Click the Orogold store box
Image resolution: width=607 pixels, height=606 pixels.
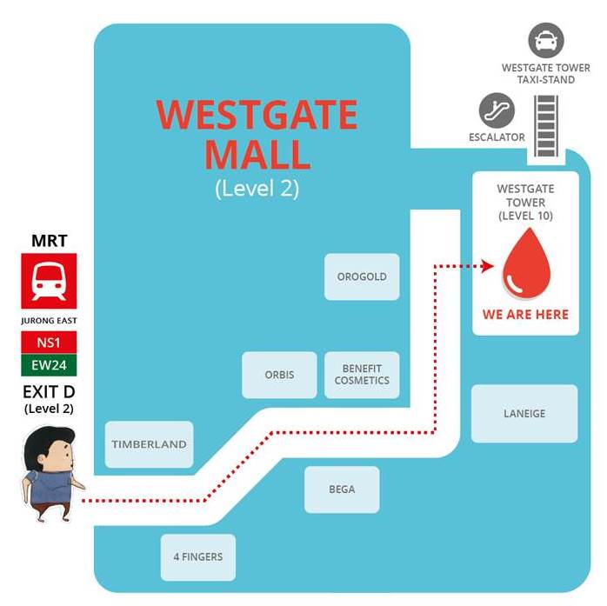(362, 276)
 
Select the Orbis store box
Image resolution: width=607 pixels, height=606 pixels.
(279, 375)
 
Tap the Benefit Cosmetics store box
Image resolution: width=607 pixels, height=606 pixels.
(362, 375)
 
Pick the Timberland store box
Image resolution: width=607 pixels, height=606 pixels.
(149, 444)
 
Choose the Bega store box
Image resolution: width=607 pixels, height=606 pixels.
(342, 489)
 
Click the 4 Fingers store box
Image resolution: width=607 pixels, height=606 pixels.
(197, 557)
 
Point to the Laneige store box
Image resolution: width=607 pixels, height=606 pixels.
(524, 413)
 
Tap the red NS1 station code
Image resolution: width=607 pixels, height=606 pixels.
(50, 340)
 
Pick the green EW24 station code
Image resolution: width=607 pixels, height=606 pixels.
(50, 364)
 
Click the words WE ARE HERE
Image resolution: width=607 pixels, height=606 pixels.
(525, 314)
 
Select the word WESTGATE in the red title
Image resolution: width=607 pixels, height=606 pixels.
(257, 116)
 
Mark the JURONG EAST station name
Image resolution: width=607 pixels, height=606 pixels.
(50, 320)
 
